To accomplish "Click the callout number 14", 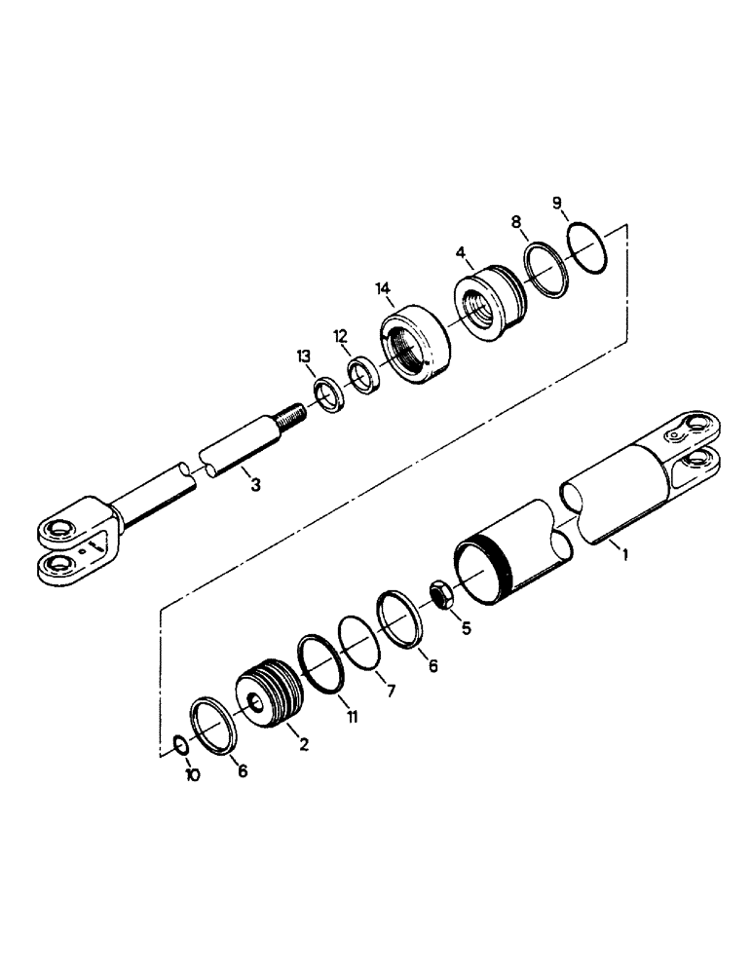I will (383, 289).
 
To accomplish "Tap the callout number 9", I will (557, 203).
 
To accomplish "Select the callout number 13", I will (305, 357).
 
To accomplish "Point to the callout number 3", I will (255, 484).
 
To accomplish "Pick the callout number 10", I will (192, 777).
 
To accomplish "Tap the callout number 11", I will (352, 716).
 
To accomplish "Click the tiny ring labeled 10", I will (180, 745).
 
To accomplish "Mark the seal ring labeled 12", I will (365, 377).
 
